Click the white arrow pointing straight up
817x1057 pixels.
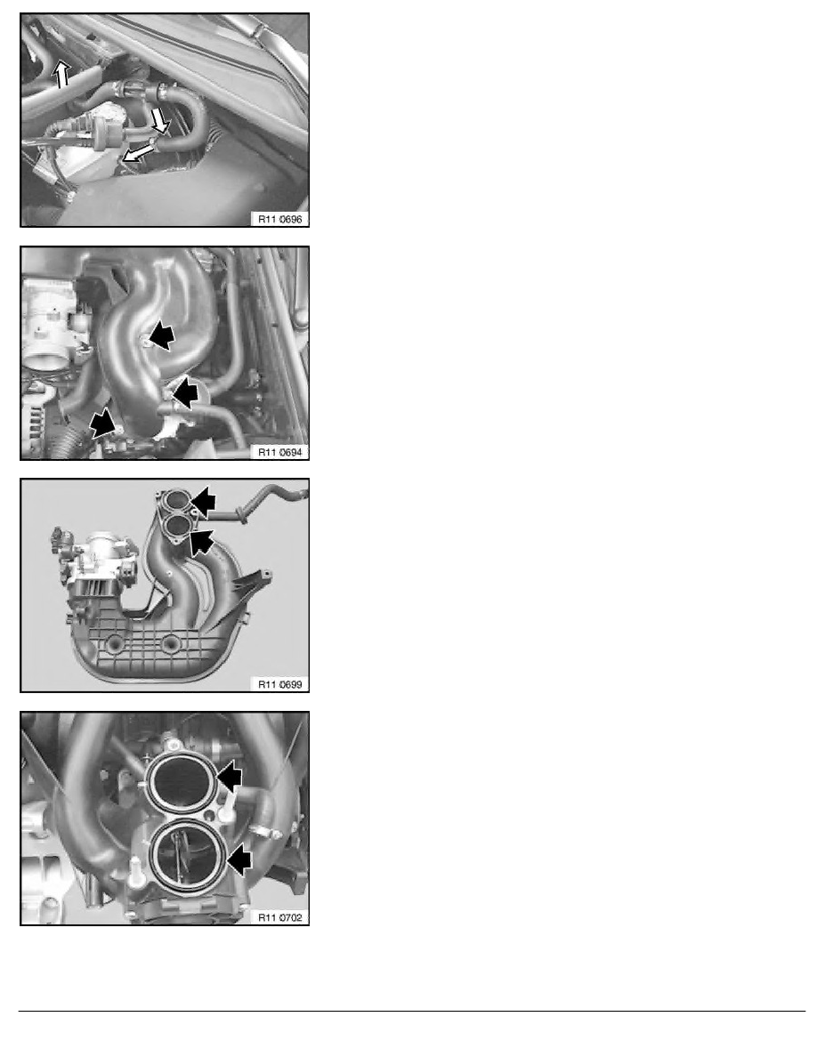click(x=61, y=75)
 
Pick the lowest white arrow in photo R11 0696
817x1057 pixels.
click(x=136, y=154)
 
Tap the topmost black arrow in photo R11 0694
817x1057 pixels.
click(x=163, y=336)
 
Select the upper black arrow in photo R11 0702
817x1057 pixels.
click(x=230, y=777)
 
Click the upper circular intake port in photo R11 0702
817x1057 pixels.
click(x=183, y=780)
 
